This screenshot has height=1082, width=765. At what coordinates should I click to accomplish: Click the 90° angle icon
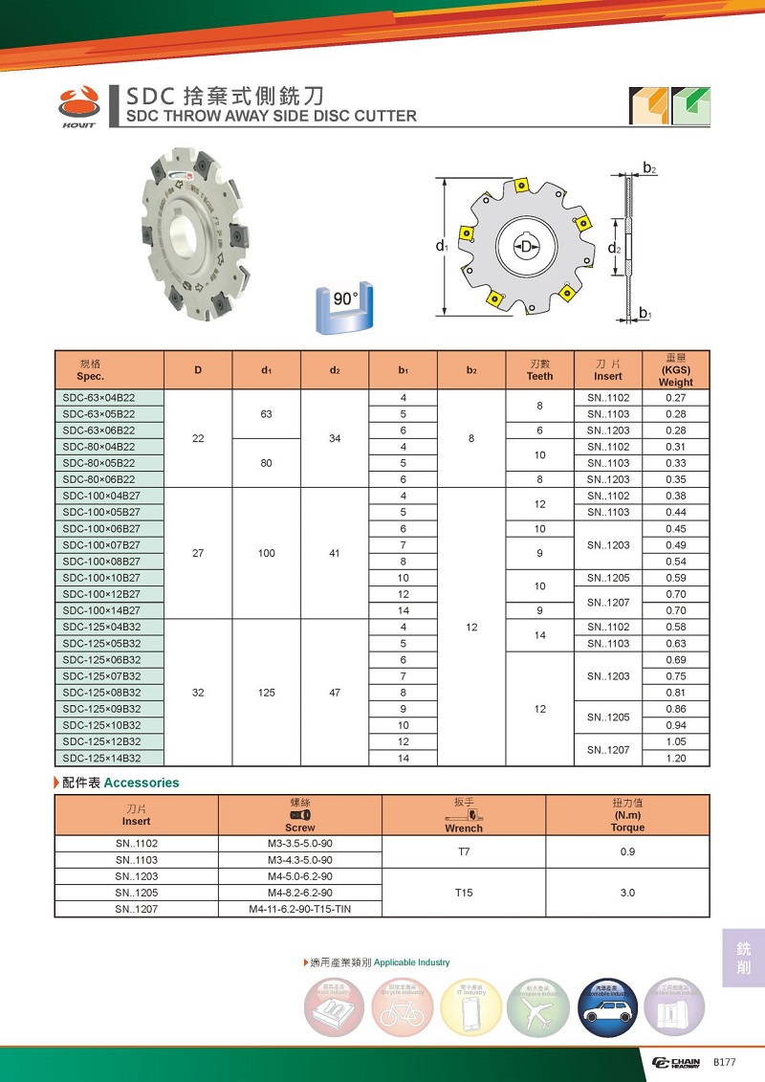(344, 308)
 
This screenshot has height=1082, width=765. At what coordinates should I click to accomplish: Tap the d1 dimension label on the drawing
(441, 247)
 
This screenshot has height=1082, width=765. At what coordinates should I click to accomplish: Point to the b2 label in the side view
(648, 168)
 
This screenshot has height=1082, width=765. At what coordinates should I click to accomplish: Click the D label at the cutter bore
(525, 247)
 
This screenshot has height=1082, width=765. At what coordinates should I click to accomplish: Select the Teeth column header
(539, 369)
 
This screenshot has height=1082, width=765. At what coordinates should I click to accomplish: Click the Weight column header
(675, 369)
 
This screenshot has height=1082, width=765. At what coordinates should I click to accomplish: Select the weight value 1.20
(675, 758)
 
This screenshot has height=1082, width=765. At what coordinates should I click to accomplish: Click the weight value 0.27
(675, 398)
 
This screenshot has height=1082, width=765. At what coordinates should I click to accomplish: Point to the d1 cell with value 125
(267, 693)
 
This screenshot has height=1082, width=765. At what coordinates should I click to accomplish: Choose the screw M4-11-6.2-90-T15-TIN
(300, 908)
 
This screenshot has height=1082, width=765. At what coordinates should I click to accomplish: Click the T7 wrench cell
(464, 851)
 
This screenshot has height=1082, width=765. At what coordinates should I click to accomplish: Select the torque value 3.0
(627, 892)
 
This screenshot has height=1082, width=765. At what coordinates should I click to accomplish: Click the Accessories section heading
(141, 783)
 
